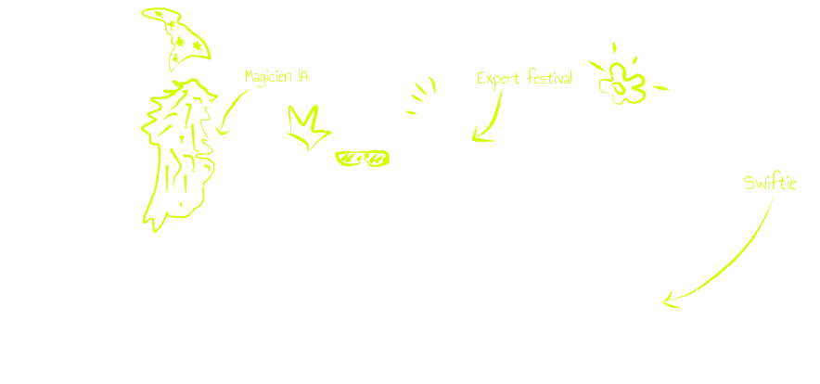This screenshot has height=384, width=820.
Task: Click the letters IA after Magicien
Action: point(302,76)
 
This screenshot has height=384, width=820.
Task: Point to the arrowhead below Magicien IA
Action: point(223,130)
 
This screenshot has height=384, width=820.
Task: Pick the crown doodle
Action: point(308,128)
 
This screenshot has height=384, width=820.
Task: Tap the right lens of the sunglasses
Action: point(378,158)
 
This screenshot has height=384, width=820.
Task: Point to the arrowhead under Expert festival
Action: point(481,136)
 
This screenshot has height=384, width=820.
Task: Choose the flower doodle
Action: point(621,83)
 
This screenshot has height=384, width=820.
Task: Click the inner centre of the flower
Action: point(619,88)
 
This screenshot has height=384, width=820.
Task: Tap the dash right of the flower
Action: point(661,88)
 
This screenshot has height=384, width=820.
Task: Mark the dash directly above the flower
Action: point(614,47)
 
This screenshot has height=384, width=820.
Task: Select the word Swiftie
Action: point(770,183)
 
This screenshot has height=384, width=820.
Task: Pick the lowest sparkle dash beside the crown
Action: point(411,112)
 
